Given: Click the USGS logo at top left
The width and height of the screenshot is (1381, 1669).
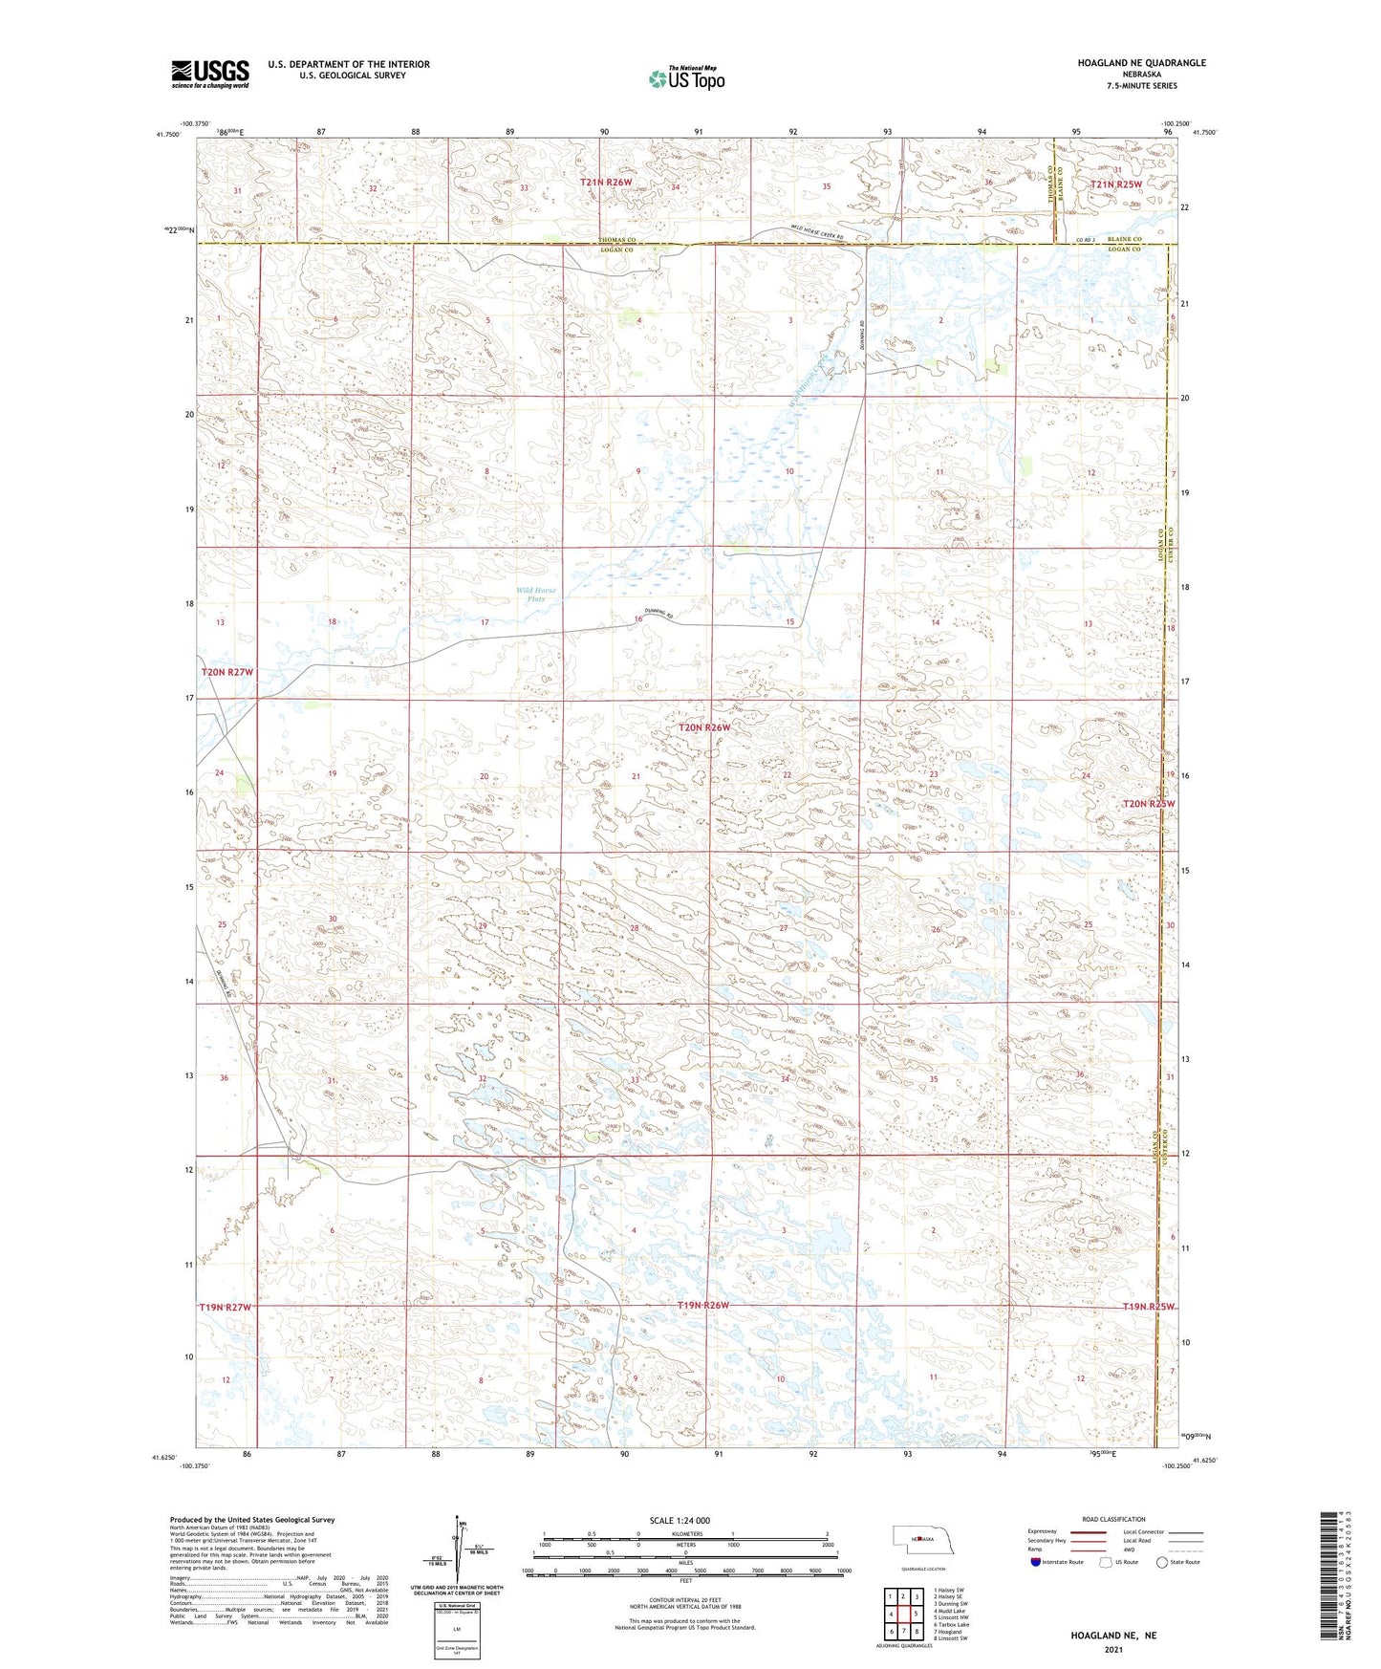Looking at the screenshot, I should click(210, 74).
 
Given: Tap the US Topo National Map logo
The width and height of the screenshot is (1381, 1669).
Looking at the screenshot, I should click(684, 78).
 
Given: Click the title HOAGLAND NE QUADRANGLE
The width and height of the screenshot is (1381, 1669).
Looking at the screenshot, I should click(1141, 63).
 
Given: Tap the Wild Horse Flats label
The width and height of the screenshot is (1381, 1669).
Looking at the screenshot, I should click(536, 595).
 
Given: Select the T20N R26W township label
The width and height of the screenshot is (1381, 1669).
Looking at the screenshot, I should click(704, 727).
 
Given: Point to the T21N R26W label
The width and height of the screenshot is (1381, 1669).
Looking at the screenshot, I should click(606, 182).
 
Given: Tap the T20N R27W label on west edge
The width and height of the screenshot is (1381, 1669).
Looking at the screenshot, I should click(227, 672).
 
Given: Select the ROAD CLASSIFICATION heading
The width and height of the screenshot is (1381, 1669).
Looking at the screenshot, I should click(1113, 1519).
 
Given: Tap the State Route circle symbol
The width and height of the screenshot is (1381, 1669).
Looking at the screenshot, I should click(1162, 1562).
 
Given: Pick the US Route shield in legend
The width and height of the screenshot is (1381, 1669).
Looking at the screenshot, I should click(1107, 1562).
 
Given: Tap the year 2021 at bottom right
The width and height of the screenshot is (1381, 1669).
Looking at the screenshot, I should click(1113, 1650).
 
